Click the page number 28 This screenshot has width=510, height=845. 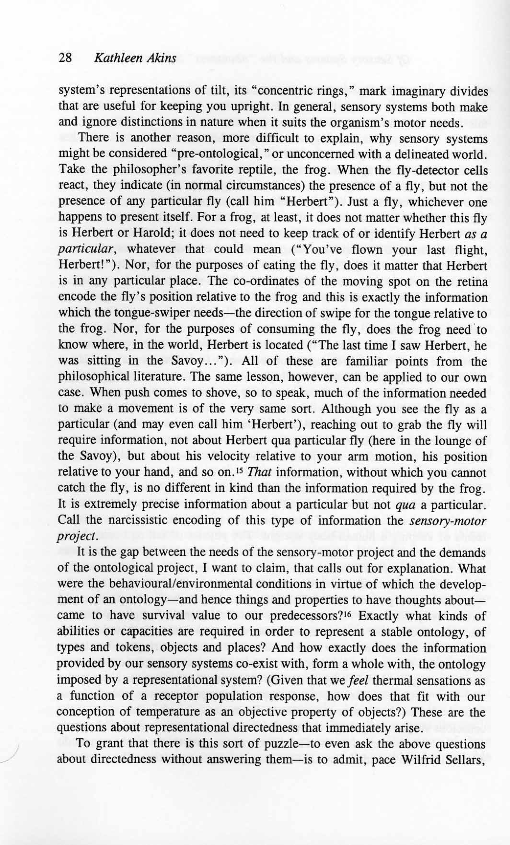click(65, 59)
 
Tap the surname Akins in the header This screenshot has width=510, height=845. click(161, 59)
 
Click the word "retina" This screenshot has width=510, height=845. click(472, 282)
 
